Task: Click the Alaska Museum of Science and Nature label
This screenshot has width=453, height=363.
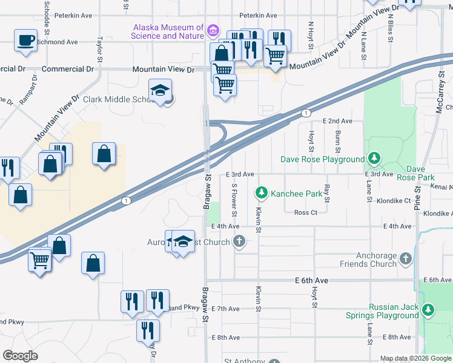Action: (x=168, y=31)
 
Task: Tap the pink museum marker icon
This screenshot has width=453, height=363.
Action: (x=213, y=30)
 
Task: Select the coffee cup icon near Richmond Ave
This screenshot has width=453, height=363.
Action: (x=26, y=41)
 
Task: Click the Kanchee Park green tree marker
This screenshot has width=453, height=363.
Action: (x=262, y=193)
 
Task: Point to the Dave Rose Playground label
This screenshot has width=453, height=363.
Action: (x=322, y=160)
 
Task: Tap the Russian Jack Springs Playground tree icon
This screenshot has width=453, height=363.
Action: (x=428, y=310)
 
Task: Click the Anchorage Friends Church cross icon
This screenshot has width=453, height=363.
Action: (x=405, y=259)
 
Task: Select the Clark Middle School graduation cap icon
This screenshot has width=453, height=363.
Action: (x=161, y=91)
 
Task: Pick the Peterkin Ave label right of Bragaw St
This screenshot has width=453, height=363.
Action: (x=258, y=15)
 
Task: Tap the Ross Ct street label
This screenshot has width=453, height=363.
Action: (x=306, y=212)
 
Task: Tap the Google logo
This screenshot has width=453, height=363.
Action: (x=21, y=356)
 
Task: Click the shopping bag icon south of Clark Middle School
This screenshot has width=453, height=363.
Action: (x=104, y=154)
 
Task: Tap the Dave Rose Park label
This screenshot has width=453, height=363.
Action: (x=420, y=173)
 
